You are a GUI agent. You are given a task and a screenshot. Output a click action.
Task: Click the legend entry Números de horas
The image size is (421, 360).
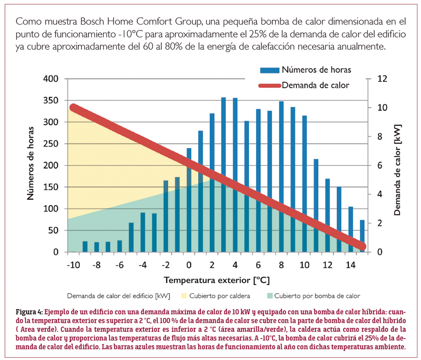point(316,70)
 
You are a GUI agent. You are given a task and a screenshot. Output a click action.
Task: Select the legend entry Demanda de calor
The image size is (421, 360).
point(315,85)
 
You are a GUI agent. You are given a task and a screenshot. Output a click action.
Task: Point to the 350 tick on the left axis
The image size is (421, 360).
point(51,101)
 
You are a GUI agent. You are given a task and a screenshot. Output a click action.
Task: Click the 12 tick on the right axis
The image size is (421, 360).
point(382,79)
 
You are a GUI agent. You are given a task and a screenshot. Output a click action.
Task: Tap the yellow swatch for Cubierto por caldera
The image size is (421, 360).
point(184,296)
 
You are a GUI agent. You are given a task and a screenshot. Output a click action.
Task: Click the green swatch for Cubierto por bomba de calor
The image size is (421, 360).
point(269,296)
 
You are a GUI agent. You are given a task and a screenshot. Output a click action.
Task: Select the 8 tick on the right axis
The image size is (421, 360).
point(380,137)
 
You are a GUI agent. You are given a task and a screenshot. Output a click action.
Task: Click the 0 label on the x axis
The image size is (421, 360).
point(189,265)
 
